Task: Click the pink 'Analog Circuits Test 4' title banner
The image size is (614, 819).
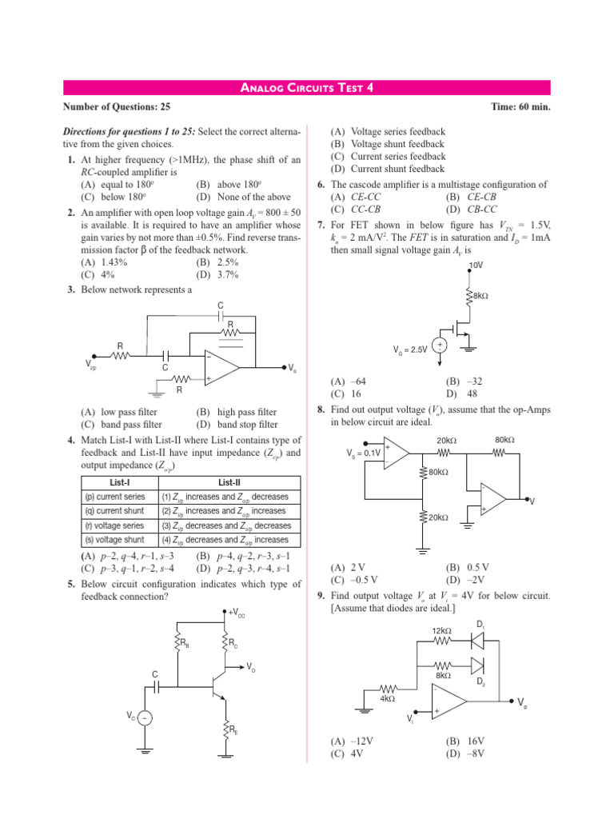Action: click(308, 88)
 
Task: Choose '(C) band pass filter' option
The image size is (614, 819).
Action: click(122, 425)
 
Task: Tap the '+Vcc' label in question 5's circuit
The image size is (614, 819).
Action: click(237, 613)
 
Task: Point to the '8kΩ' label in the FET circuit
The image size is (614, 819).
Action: click(480, 297)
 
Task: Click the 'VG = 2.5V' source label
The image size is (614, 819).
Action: click(411, 350)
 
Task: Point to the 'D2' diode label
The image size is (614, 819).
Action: click(480, 682)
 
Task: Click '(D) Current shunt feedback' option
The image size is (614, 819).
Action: click(387, 169)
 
